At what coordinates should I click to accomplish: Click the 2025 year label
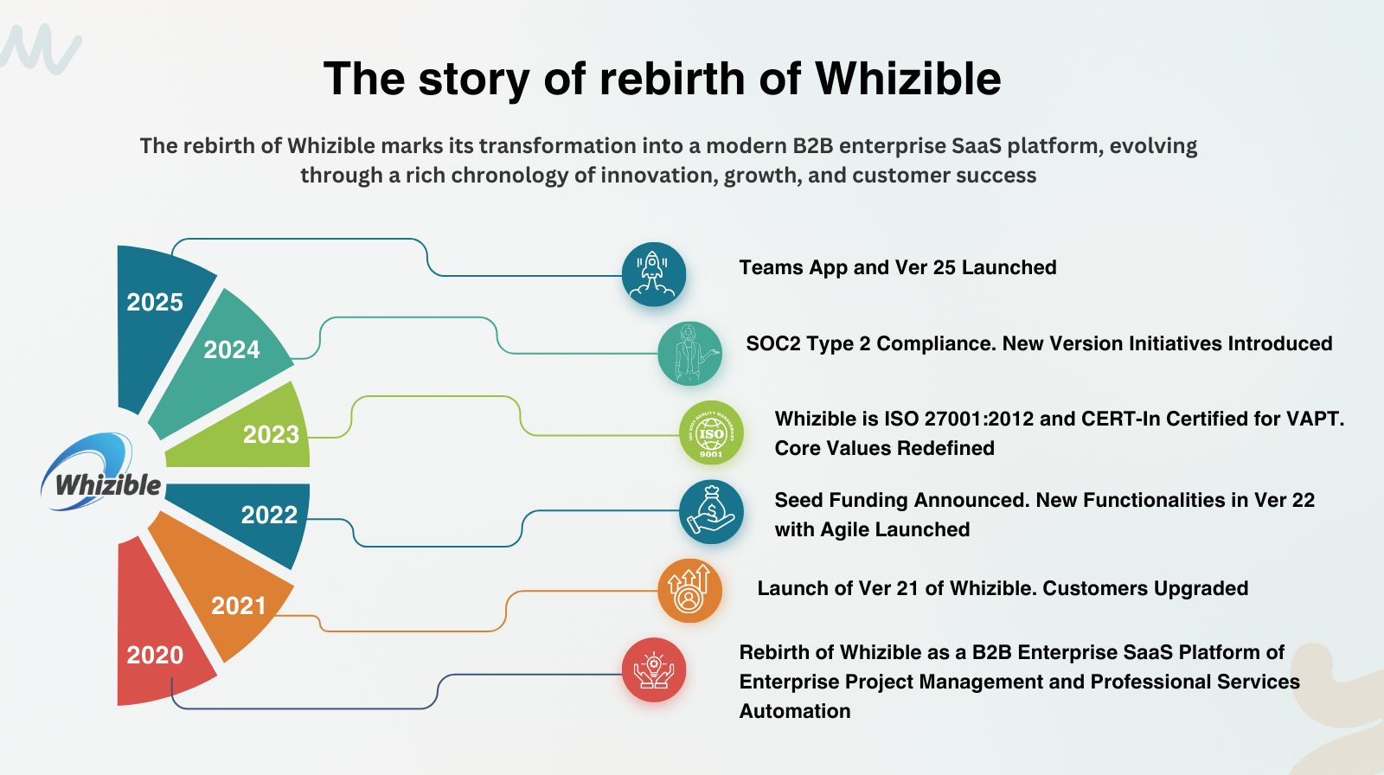(x=155, y=302)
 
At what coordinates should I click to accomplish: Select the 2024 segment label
(x=232, y=349)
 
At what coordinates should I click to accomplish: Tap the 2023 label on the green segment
(x=272, y=434)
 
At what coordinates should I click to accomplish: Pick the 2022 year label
(x=269, y=515)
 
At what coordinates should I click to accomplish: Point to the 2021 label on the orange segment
(x=239, y=605)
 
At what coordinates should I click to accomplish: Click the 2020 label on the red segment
(x=155, y=655)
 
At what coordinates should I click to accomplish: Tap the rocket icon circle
(x=654, y=274)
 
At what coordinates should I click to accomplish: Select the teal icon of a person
(x=689, y=354)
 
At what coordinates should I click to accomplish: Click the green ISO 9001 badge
(x=711, y=432)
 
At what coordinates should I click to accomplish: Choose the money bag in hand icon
(x=711, y=512)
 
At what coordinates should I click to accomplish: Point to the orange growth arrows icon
(x=689, y=591)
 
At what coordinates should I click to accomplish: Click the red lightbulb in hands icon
(x=654, y=670)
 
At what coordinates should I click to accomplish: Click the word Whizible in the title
(x=907, y=79)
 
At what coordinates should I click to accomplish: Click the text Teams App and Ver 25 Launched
(x=898, y=267)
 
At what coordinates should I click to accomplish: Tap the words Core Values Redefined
(x=884, y=448)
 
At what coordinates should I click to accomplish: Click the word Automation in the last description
(x=795, y=711)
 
